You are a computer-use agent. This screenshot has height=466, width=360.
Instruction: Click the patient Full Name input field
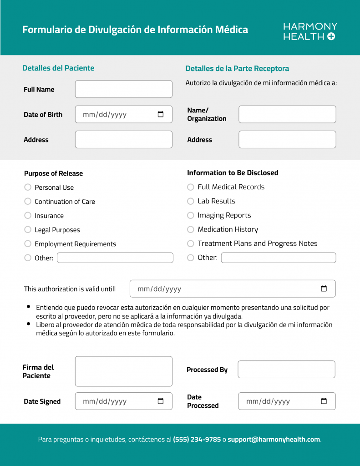(123, 89)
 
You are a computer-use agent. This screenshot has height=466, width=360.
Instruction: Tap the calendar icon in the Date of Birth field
(161, 114)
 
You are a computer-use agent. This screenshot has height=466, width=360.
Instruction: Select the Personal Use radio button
(28, 187)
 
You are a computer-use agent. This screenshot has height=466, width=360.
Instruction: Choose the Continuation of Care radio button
(28, 201)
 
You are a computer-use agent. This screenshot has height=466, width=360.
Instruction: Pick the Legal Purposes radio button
(28, 230)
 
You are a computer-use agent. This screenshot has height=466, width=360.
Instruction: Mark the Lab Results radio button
(191, 201)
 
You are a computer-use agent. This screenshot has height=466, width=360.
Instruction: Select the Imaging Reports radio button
(191, 215)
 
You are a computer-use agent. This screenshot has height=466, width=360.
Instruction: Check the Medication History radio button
(191, 229)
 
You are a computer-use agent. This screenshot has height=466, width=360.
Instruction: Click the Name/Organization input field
(287, 114)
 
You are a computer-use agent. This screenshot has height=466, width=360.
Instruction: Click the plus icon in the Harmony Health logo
(331, 37)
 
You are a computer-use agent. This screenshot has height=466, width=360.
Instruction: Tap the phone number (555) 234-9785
(197, 440)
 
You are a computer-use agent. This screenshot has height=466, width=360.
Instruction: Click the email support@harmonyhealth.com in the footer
(274, 440)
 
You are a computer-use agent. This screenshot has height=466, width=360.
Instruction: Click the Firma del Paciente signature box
(123, 371)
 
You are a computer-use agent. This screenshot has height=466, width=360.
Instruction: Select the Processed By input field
(286, 370)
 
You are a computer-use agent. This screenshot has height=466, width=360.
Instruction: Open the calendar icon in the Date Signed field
(161, 401)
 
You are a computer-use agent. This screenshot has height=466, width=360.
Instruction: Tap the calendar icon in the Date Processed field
(324, 401)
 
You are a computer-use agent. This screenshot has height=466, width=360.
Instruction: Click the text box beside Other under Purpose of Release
(115, 258)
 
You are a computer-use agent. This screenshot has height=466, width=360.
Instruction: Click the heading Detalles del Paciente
(58, 68)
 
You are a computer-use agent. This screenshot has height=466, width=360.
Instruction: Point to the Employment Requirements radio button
(28, 244)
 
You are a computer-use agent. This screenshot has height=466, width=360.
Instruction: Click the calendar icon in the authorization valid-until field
(324, 289)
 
